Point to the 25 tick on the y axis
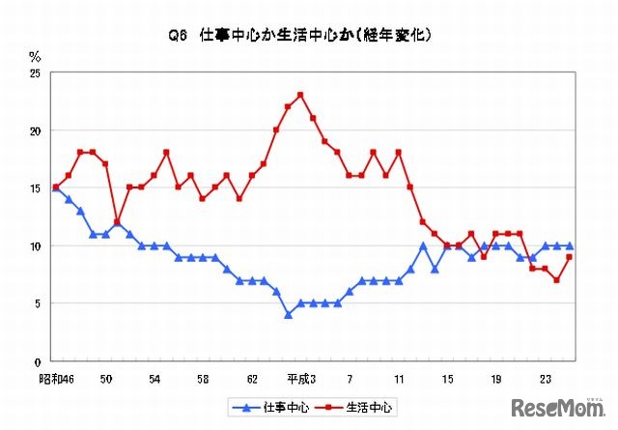[x=35, y=72]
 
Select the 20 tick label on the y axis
[x=35, y=130]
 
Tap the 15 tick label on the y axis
[x=35, y=188]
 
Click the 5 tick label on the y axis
[x=38, y=303]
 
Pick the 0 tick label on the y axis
[x=38, y=361]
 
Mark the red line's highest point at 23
[x=301, y=95]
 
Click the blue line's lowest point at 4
[x=288, y=315]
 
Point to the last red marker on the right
[x=570, y=257]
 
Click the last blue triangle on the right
[x=570, y=245]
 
